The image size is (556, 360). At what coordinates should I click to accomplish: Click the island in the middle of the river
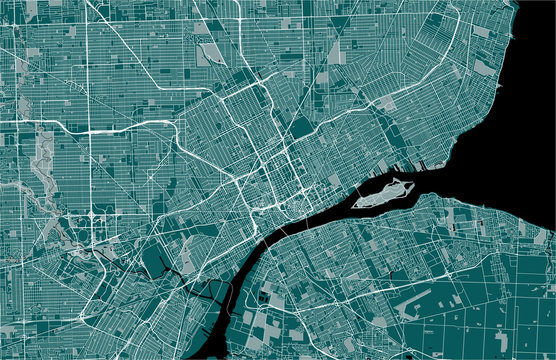(x=385, y=193)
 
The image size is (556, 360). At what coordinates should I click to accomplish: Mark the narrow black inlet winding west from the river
(x=205, y=290)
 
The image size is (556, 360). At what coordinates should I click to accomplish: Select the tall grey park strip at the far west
(x=42, y=160)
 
